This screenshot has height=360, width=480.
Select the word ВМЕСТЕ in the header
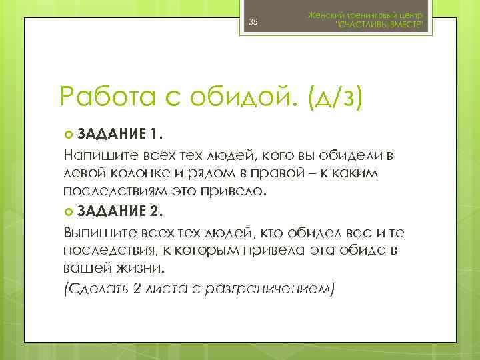(404, 25)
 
